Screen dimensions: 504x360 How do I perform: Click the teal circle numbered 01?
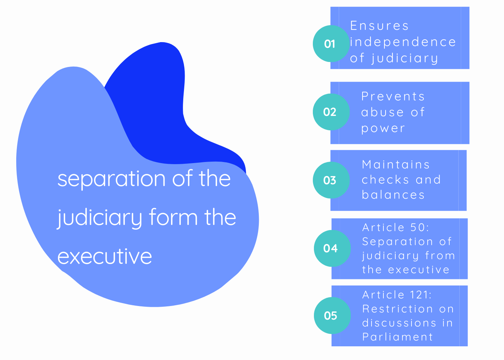coord(331,44)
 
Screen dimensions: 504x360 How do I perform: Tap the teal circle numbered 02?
coord(331,112)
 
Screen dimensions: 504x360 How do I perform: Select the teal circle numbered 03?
coord(331,180)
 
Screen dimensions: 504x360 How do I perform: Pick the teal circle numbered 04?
coord(332,248)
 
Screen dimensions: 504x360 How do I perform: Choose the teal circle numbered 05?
coord(332,315)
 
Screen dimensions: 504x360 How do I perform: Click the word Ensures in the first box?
coord(379,26)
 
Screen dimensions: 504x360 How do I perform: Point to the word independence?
coord(403,42)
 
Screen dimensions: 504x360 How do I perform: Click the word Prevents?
coord(393,96)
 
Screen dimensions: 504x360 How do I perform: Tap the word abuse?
coord(382,112)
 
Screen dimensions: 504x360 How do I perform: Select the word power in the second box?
coord(383,129)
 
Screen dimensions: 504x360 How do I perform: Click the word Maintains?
coord(396,165)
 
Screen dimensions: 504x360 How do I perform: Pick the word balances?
coord(393,195)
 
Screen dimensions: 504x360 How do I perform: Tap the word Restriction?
coord(397,309)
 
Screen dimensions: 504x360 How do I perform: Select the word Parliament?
coord(397,337)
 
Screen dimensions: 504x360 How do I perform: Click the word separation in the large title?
coord(112,180)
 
